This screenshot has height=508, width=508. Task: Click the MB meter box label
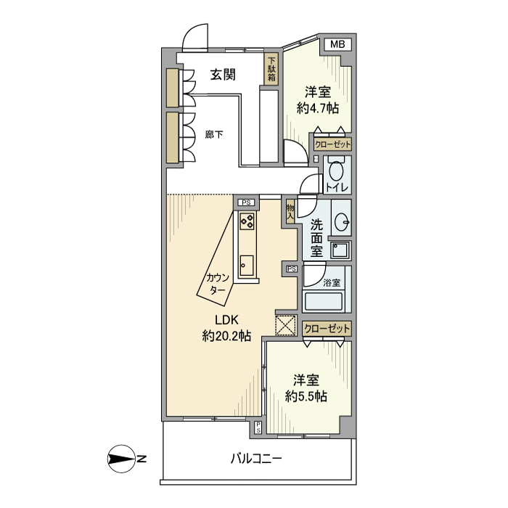337,44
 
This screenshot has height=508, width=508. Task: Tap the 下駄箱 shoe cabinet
271,70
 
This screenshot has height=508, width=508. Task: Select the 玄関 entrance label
223,75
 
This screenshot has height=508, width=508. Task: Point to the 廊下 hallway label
214,134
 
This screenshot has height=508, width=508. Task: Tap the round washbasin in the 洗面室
342,222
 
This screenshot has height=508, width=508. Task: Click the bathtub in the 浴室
324,302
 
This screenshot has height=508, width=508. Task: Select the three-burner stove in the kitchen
247,221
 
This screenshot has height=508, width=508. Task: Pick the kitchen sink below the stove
247,266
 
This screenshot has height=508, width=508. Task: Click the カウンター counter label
218,284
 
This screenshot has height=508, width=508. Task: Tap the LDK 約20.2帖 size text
226,328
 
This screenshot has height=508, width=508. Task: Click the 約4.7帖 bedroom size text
318,108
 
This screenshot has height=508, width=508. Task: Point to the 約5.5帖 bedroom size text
306,396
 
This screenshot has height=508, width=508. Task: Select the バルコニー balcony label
256,459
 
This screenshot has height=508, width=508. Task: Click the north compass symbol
121,459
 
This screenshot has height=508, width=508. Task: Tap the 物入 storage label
290,212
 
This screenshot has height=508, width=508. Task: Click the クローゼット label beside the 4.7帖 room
332,144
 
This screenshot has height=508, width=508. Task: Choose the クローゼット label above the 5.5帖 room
327,329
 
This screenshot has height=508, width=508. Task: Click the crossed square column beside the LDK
285,325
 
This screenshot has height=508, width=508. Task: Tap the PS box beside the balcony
258,427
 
